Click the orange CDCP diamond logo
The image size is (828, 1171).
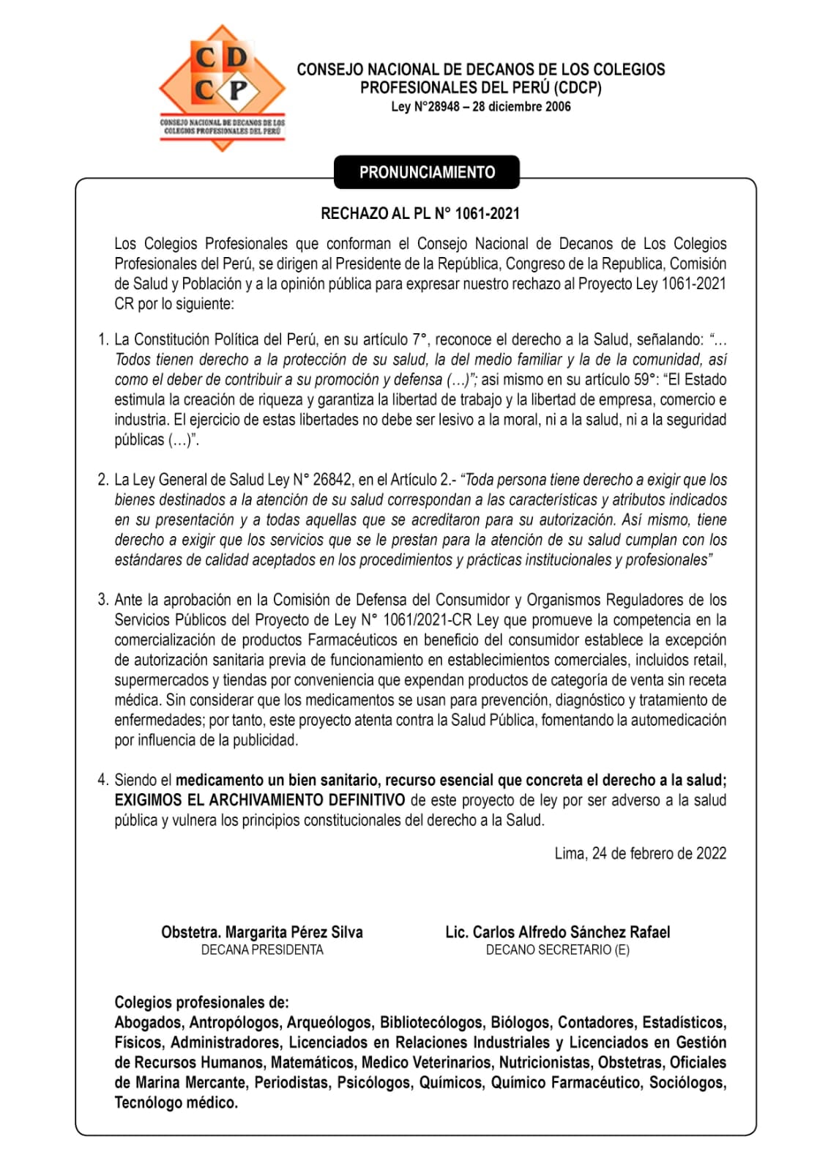(222, 86)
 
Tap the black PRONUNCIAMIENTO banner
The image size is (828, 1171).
(427, 173)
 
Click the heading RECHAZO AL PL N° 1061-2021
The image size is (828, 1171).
(420, 214)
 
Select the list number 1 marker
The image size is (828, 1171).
(103, 340)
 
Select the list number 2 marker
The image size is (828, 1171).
(103, 480)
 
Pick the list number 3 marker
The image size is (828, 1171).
(103, 600)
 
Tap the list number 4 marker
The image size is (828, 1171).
(103, 780)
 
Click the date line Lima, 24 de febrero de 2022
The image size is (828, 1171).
(640, 853)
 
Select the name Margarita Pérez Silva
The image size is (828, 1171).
(294, 932)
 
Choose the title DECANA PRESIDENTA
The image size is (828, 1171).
(262, 950)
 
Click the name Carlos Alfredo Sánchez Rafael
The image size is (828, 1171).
(571, 932)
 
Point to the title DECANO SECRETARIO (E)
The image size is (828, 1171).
(557, 950)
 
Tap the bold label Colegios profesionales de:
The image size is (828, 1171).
(201, 1003)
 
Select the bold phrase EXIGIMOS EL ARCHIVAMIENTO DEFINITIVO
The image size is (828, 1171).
(260, 800)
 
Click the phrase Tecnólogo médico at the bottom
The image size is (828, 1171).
(176, 1103)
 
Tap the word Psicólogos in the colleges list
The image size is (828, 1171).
(373, 1082)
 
